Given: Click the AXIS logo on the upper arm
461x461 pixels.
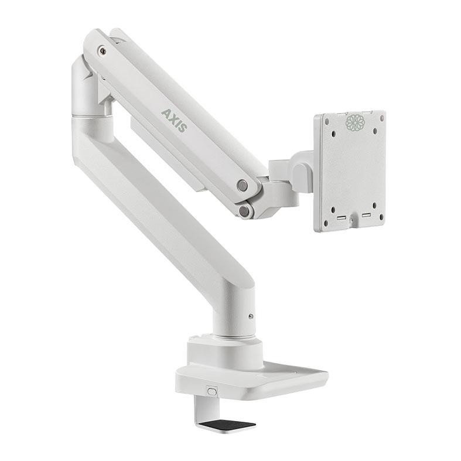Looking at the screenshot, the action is click(x=175, y=121).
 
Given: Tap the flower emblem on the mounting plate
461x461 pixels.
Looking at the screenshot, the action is click(x=355, y=122).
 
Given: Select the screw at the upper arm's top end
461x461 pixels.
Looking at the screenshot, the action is click(x=103, y=50).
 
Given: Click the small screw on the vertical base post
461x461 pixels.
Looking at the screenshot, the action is click(x=251, y=316).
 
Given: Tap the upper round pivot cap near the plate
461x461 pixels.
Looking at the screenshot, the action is click(x=243, y=185).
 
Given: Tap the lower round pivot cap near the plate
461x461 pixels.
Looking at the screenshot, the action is click(x=244, y=211).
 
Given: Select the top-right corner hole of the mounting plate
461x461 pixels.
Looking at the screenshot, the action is click(x=382, y=118).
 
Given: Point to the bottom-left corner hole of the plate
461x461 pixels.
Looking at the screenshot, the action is click(x=326, y=223).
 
